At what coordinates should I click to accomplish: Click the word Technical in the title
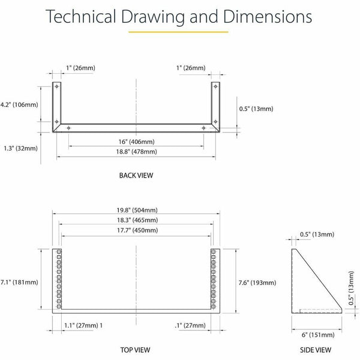(80, 16)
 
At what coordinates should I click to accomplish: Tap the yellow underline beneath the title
(178, 32)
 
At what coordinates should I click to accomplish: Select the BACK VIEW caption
(136, 175)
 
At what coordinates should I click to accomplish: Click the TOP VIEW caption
(135, 350)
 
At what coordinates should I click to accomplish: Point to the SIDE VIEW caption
(316, 350)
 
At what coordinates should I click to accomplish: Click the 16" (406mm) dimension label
(136, 142)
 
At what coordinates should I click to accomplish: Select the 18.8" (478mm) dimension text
(136, 152)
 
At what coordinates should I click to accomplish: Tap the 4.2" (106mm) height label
(19, 104)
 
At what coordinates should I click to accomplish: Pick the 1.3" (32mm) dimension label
(20, 148)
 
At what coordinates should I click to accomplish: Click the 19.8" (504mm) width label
(137, 210)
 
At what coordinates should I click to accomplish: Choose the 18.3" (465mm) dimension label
(137, 220)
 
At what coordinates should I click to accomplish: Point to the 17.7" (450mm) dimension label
(137, 230)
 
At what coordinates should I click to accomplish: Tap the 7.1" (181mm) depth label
(19, 282)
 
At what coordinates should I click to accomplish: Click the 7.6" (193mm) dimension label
(257, 283)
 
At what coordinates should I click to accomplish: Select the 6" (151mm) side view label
(318, 335)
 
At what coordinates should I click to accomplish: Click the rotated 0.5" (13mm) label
(351, 288)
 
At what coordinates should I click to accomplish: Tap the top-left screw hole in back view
(57, 86)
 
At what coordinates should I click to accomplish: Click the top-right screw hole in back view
(215, 86)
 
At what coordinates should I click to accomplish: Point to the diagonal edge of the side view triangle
(319, 279)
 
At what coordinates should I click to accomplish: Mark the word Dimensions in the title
(268, 16)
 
